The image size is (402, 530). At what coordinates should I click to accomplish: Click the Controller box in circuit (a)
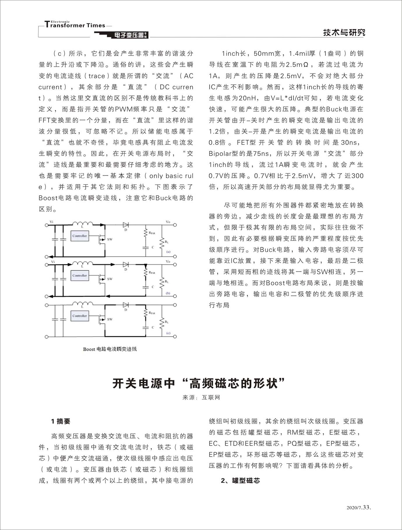80,236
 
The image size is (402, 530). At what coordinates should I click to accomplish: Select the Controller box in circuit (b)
80,275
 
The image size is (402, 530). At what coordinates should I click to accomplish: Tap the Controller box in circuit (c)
80,316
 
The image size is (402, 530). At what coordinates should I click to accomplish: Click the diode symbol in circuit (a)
126,225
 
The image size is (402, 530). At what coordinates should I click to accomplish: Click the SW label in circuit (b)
110,279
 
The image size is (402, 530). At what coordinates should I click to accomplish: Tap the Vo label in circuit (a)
168,222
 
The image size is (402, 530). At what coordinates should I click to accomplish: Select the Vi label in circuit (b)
53,262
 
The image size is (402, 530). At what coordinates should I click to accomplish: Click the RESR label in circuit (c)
152,313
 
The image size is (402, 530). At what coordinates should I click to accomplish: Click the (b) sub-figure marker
168,293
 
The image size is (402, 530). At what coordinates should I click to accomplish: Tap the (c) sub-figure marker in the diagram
168,333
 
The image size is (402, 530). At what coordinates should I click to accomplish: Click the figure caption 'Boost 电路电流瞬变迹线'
110,349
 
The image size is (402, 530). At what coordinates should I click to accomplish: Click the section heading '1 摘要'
61,421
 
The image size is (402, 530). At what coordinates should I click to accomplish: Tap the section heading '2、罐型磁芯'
240,480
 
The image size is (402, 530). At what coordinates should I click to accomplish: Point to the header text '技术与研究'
344,33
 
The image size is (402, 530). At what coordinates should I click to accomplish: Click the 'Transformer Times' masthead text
75,25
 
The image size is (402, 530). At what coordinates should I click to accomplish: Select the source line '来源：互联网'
201,397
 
